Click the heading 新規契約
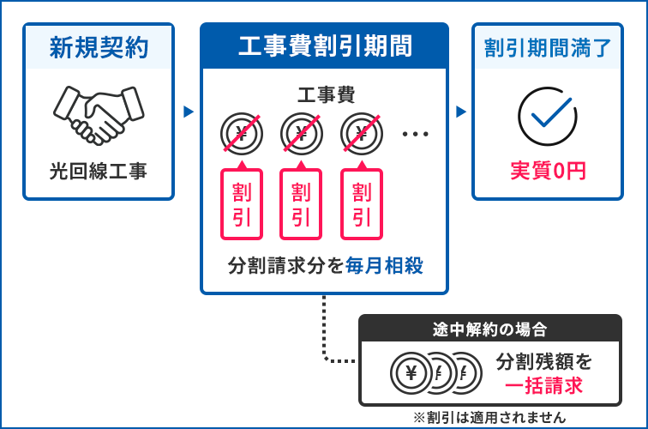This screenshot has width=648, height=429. coord(98,47)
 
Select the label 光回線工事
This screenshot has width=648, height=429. coord(98,171)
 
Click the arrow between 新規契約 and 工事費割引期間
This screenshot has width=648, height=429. coord(188,112)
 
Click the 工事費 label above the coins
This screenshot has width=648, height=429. coord(325,94)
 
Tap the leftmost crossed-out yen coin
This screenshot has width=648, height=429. coord(241,133)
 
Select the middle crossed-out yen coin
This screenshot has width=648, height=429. coord(301,133)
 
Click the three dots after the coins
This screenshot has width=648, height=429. coord(414,134)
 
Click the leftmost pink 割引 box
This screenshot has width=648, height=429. coord(241,204)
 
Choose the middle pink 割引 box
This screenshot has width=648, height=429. coord(301,204)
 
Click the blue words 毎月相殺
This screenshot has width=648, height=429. coord(385,266)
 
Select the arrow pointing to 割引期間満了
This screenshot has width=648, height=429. coord(461,112)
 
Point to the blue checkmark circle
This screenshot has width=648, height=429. coord(547,114)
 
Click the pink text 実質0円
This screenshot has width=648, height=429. coord(548,171)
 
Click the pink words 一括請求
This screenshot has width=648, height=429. coord(543,386)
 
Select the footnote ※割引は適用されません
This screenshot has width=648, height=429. coord(489,417)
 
